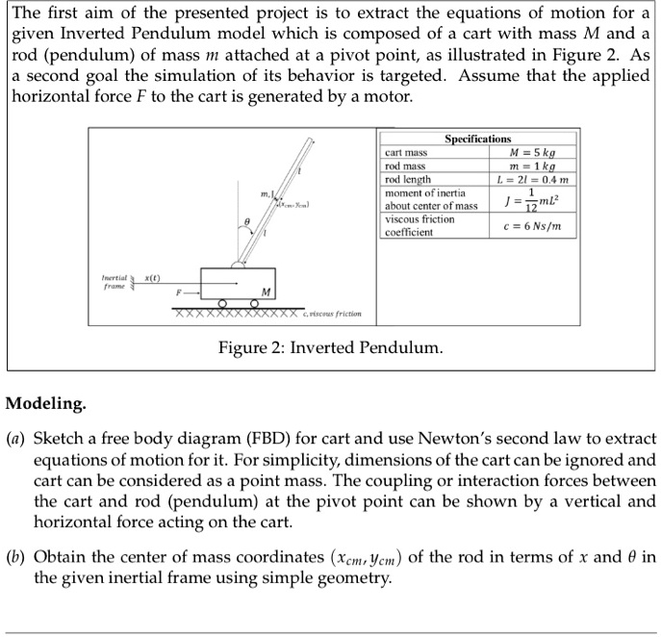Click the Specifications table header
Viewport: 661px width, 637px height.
tap(477, 140)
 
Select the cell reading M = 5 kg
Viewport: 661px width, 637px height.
tap(531, 152)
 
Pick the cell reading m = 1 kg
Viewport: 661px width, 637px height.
tap(531, 166)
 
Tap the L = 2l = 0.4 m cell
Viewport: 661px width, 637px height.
tap(531, 179)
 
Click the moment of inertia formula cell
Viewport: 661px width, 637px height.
tap(531, 199)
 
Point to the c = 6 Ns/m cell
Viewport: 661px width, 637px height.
tap(531, 226)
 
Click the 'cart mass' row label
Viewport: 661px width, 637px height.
tap(406, 152)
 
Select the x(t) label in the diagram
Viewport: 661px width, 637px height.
tap(153, 277)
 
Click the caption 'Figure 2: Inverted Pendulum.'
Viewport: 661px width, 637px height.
tap(330, 346)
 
